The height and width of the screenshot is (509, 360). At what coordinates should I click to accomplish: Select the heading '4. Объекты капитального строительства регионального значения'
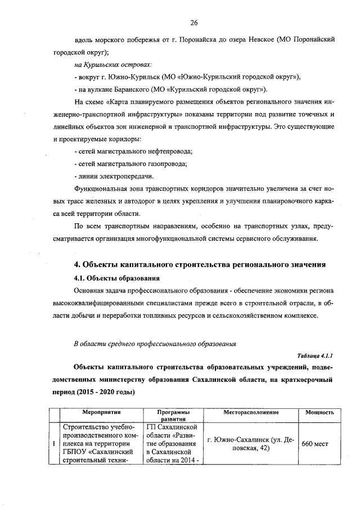click(x=201, y=265)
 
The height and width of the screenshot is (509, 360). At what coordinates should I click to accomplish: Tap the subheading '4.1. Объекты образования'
click(x=117, y=278)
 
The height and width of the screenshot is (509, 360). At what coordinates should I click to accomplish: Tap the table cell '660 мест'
click(x=315, y=443)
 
